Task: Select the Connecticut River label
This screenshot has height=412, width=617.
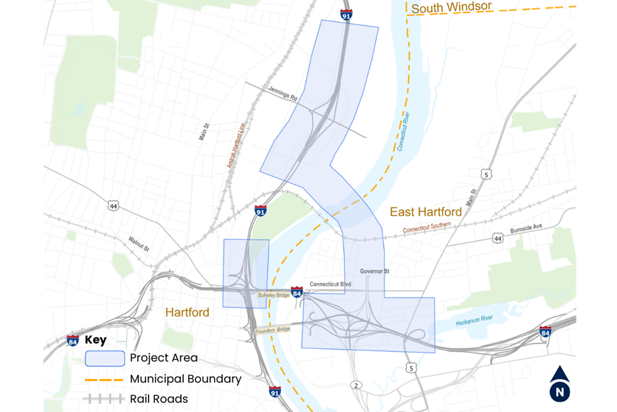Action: pos(401,124)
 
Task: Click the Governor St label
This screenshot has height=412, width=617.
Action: pos(375,271)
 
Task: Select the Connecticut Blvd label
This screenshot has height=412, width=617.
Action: pos(330,284)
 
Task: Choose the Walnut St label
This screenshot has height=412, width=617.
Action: pos(139,243)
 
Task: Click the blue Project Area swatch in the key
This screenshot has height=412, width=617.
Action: pos(105,358)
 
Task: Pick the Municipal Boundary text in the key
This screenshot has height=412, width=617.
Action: pos(185,378)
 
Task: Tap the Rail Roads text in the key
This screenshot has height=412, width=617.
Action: pos(158,398)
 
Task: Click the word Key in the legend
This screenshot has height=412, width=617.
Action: pos(95,340)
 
